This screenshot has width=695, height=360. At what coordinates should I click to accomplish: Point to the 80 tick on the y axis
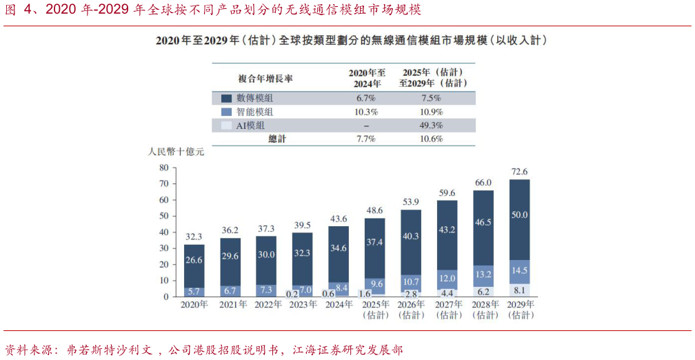pyautogui.click(x=163, y=168)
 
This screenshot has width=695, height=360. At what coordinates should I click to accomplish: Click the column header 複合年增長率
pyautogui.click(x=265, y=77)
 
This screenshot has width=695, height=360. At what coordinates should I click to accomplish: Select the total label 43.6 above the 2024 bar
pyautogui.click(x=338, y=219)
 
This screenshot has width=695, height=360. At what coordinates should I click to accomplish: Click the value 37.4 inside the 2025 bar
pyautogui.click(x=374, y=242)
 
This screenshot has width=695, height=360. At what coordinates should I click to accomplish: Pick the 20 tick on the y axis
pyautogui.click(x=163, y=264)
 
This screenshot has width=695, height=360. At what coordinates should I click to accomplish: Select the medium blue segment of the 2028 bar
pyautogui.click(x=483, y=275)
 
